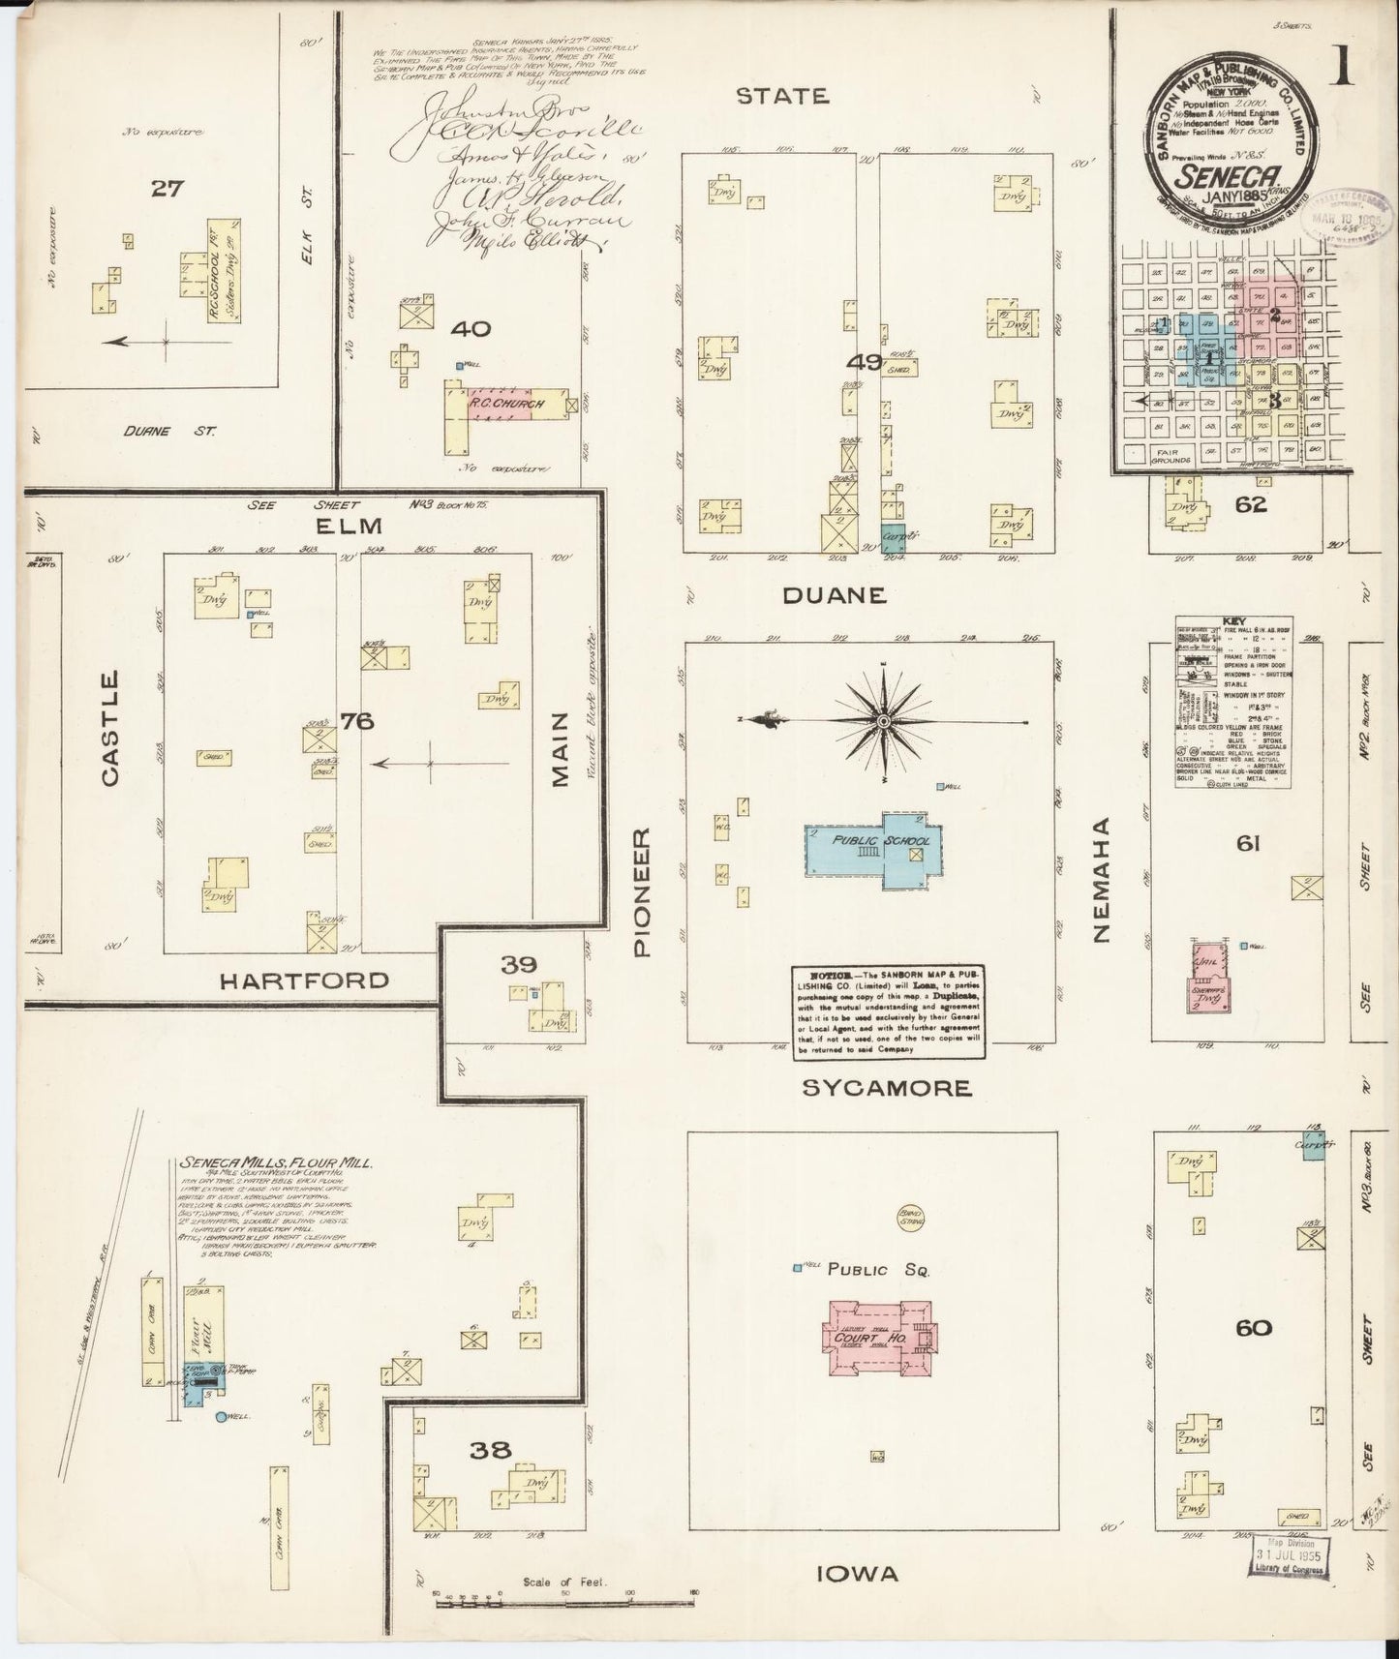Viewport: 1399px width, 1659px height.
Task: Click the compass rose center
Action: click(x=884, y=721)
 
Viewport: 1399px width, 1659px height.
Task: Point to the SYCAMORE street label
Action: click(x=887, y=1088)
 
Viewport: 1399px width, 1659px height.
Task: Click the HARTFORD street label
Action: click(x=305, y=980)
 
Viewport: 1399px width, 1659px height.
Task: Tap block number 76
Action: click(x=350, y=721)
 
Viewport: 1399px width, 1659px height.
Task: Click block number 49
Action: click(x=863, y=363)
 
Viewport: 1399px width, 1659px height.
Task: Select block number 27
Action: click(x=167, y=189)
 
